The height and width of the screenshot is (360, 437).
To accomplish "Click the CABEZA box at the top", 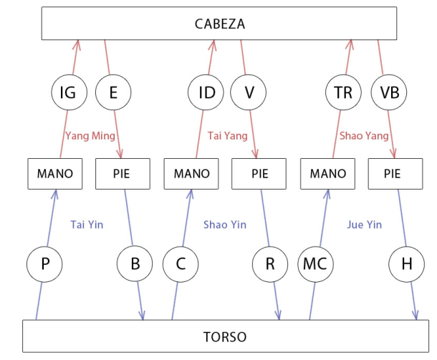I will coord(219,24).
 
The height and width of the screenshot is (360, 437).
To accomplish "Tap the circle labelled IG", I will coord(68,92).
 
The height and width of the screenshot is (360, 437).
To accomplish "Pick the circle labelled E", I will coord(112,92).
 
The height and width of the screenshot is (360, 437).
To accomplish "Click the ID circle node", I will coord(206,92).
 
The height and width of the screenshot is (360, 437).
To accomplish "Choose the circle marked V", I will coord(249,92).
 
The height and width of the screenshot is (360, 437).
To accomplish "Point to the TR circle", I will coord(343,92).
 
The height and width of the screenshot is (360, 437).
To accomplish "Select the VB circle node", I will coord(388,92).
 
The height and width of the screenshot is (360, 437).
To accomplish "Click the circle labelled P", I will coord(45,265).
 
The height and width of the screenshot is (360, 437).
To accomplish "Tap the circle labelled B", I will coord(135,265).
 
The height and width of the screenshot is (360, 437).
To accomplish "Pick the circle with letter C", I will coord(179,265).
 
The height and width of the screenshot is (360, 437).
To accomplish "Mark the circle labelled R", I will coord(270,265).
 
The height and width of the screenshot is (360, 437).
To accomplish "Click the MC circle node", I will coord(315,265).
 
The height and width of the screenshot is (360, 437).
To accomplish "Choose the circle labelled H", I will coord(406,265).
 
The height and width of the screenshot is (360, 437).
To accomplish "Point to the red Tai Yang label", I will coord(228,135).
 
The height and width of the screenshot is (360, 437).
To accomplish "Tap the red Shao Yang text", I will coord(364,135).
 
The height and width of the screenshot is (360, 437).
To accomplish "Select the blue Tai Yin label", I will coord(87,225).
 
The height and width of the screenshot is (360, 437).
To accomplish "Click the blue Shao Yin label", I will coord(225,225).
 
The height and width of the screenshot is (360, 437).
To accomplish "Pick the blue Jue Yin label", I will coord(364,225).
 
